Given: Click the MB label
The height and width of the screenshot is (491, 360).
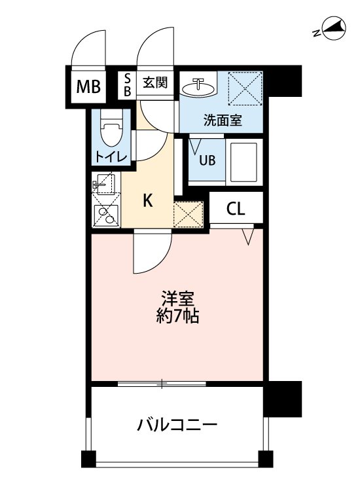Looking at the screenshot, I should pos(90,86).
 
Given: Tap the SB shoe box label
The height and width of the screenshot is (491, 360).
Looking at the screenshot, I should pos(128,86).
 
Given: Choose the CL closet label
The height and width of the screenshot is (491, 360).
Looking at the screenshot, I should pos(236,209).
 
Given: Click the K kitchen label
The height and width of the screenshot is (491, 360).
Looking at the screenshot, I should pos(148,201).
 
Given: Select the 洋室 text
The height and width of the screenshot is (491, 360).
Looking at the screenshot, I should pos(177,299).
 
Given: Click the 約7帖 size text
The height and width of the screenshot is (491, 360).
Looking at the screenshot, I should pos(177,318).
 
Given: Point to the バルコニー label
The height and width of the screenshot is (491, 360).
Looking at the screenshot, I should pos(177,426).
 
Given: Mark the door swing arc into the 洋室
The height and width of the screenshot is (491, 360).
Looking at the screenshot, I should pos(153,254).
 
